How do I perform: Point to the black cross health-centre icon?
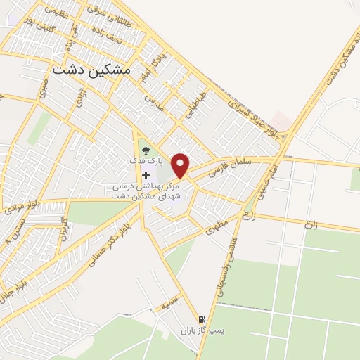pyautogui.click(x=146, y=175)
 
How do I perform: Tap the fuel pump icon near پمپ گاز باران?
pyautogui.click(x=202, y=319)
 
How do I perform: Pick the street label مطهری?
pyautogui.click(x=219, y=229)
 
